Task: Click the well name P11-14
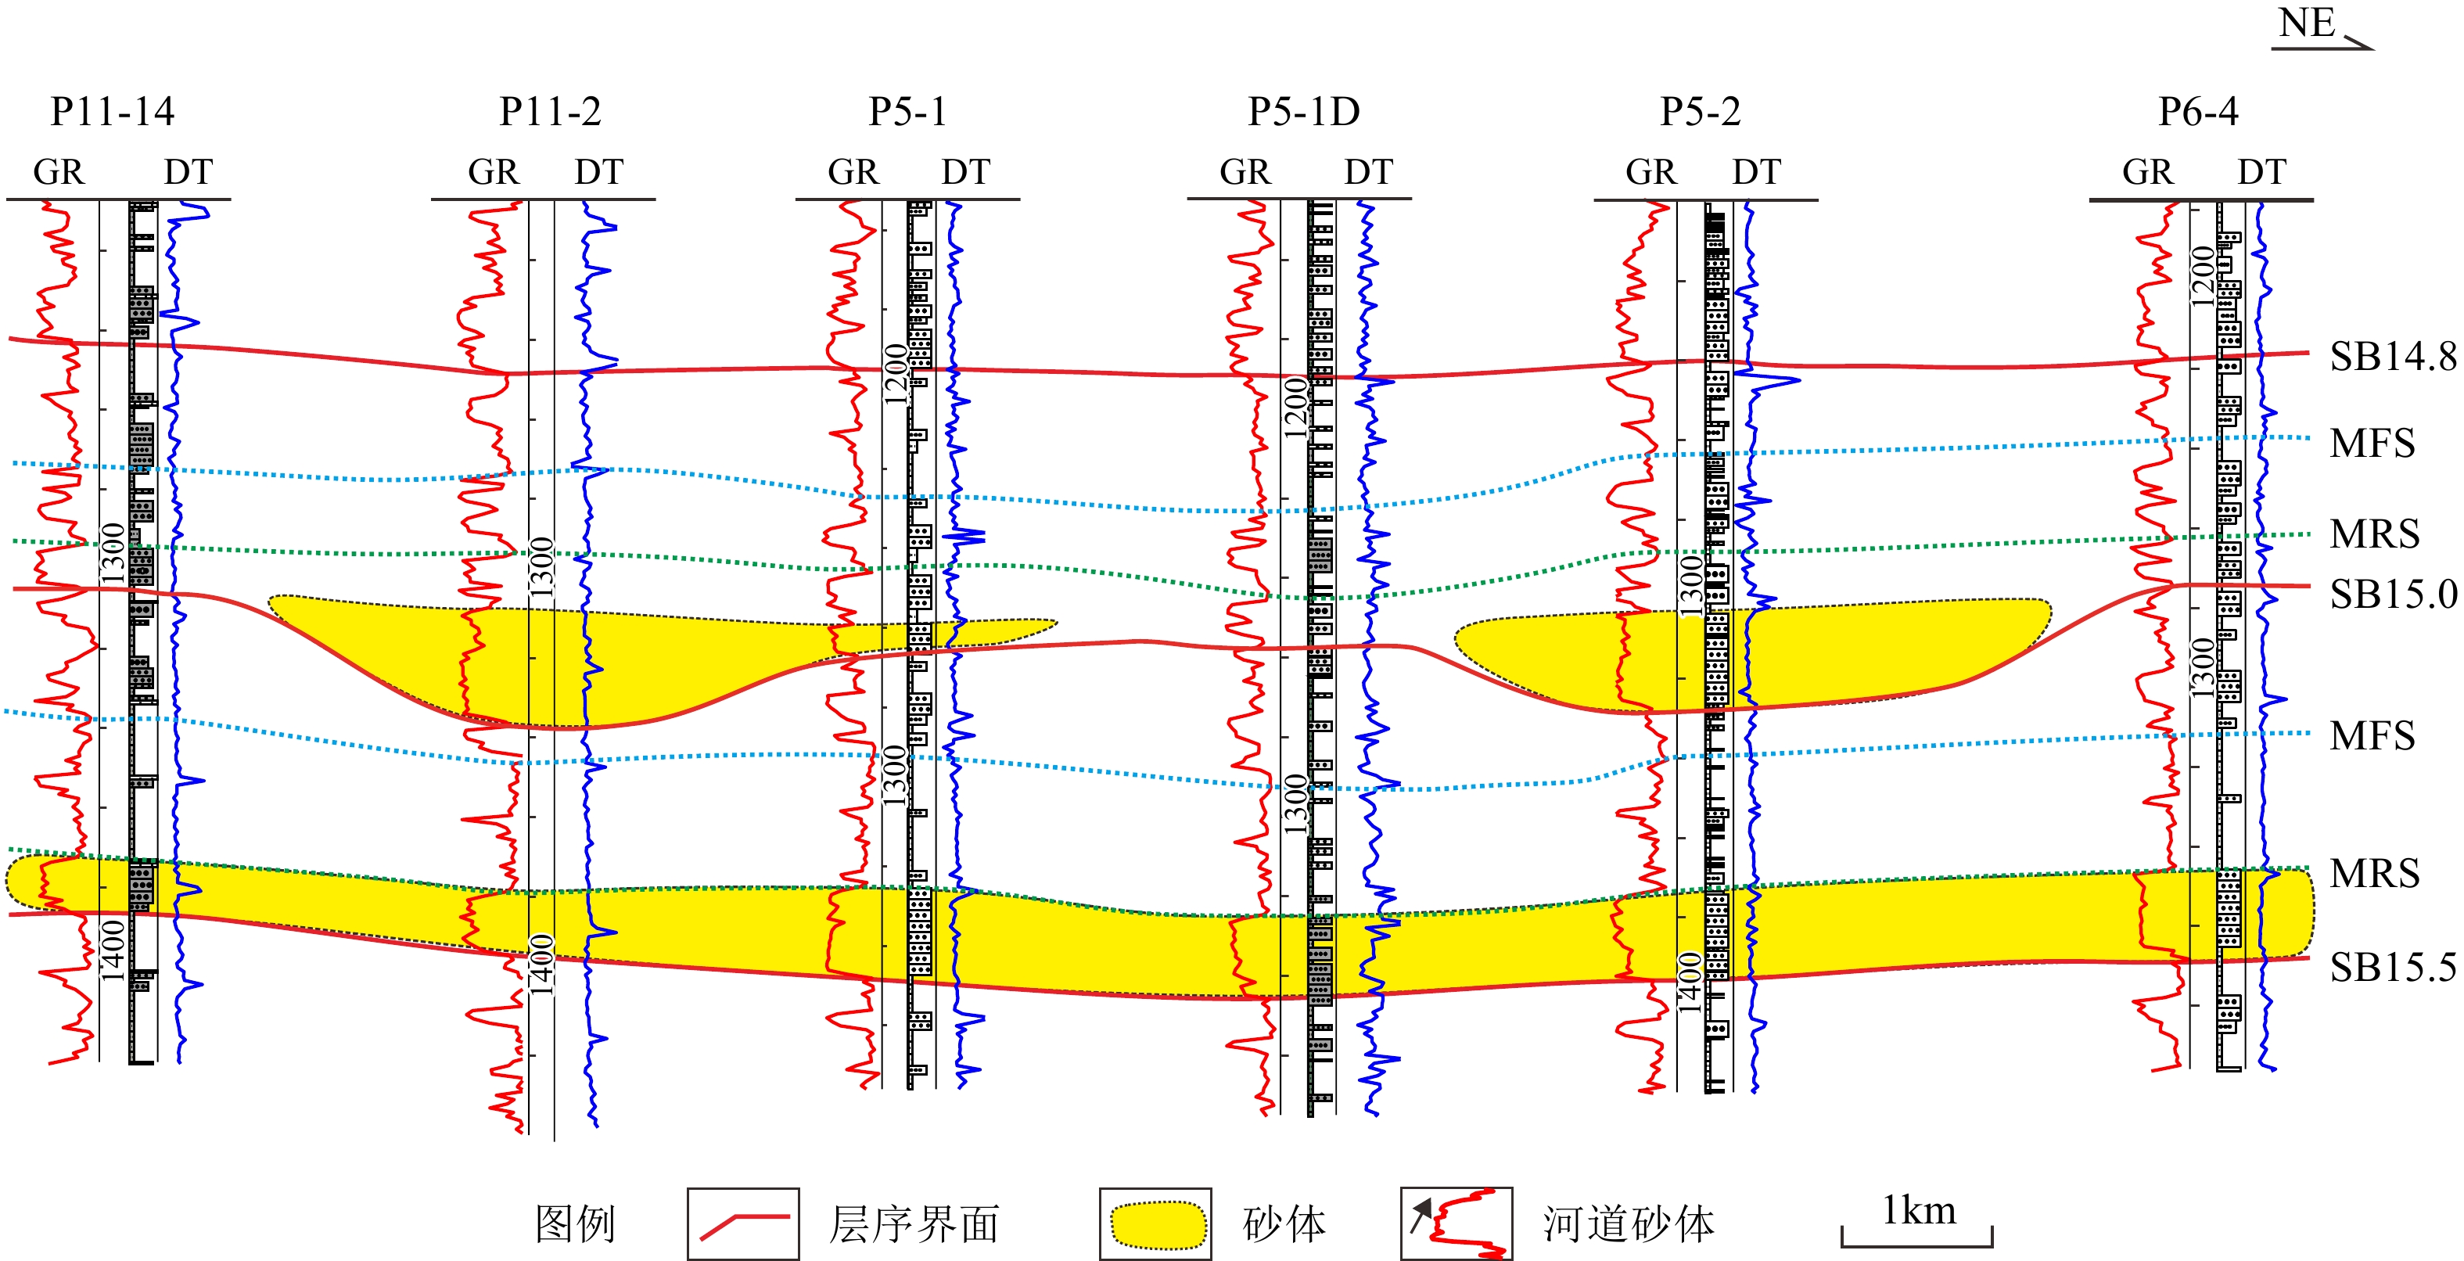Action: click(x=113, y=112)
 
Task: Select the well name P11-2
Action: click(x=550, y=112)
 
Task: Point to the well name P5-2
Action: click(x=1700, y=112)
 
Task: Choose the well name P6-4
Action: click(x=2198, y=112)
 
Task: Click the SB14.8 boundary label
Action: click(x=2392, y=357)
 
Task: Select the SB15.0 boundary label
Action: click(x=2392, y=595)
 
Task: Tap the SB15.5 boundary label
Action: click(x=2392, y=968)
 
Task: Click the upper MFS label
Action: click(x=2372, y=443)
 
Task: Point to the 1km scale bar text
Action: click(x=1918, y=1211)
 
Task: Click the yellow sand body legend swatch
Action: click(x=1155, y=1223)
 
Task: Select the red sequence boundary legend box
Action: click(x=743, y=1223)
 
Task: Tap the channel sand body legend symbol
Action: click(x=1456, y=1223)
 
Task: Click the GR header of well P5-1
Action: click(x=853, y=172)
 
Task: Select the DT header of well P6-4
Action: click(x=2261, y=172)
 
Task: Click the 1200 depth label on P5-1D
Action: click(x=1295, y=407)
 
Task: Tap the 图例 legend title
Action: click(x=575, y=1223)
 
